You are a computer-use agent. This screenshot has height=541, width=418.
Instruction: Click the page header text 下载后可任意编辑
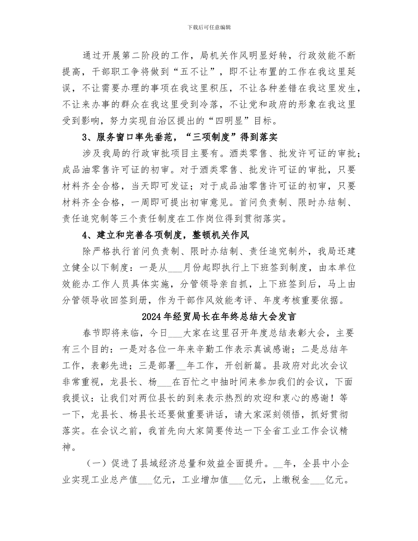[209, 27]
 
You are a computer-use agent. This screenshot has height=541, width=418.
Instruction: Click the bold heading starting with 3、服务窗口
[180, 137]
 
